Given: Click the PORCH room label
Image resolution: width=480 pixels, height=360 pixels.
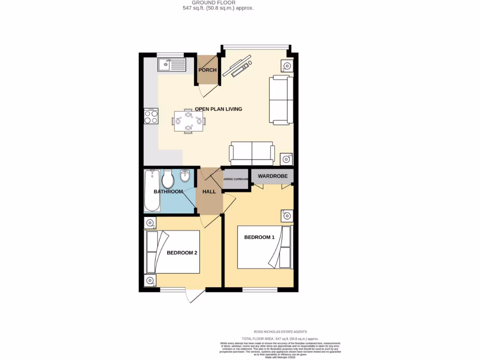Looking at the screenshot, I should [207, 70].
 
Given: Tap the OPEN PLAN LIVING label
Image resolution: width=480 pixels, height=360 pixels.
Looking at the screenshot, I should [218, 109].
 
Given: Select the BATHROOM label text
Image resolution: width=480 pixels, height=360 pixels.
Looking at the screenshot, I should [168, 192].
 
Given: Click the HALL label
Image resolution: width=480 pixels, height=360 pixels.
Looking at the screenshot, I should [209, 192].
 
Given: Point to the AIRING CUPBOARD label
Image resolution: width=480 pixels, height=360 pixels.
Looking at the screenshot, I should [236, 179].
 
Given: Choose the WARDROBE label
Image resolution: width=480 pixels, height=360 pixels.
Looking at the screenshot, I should [272, 176].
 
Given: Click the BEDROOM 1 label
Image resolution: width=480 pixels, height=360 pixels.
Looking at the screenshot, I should [259, 237].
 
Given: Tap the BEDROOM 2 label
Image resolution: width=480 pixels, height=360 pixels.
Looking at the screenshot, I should [182, 253].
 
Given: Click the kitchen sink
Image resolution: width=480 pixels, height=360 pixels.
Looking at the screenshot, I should [172, 64].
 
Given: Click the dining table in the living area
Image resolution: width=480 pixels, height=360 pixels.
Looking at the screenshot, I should [188, 121].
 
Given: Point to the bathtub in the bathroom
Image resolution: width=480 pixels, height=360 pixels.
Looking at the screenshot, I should [151, 191].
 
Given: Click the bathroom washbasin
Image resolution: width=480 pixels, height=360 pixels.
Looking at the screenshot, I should [185, 177].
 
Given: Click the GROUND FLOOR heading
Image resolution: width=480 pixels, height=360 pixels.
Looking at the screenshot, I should [217, 3].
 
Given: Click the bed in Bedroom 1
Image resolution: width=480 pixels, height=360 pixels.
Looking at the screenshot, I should [265, 247].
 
